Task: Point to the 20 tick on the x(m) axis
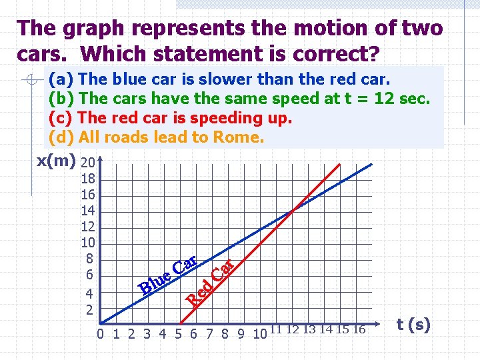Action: (87, 163)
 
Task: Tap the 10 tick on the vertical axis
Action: (87, 243)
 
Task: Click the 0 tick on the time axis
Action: (100, 333)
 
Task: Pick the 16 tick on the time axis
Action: (359, 329)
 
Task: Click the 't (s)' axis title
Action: (413, 325)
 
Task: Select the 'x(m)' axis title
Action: (55, 162)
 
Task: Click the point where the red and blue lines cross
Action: (292, 211)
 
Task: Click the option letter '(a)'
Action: (61, 79)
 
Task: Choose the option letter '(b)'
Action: (61, 99)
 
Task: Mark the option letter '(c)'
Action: (61, 118)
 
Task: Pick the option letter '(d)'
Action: (61, 137)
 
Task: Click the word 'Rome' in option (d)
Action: (237, 137)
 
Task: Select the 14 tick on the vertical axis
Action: (87, 211)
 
